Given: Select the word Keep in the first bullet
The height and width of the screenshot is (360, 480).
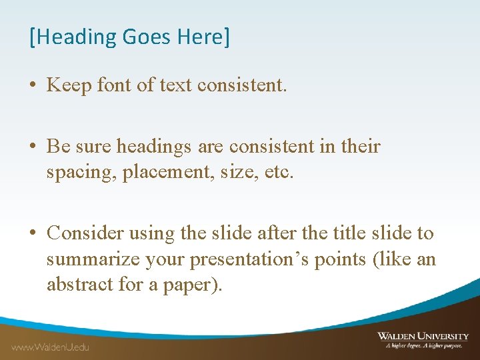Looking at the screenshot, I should tap(69, 85).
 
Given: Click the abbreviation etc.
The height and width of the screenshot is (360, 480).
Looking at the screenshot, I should tap(274, 173).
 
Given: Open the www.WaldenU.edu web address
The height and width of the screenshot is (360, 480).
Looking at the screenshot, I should tap(49, 347).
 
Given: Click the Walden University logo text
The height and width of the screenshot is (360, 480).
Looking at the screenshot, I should tap(423, 336).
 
